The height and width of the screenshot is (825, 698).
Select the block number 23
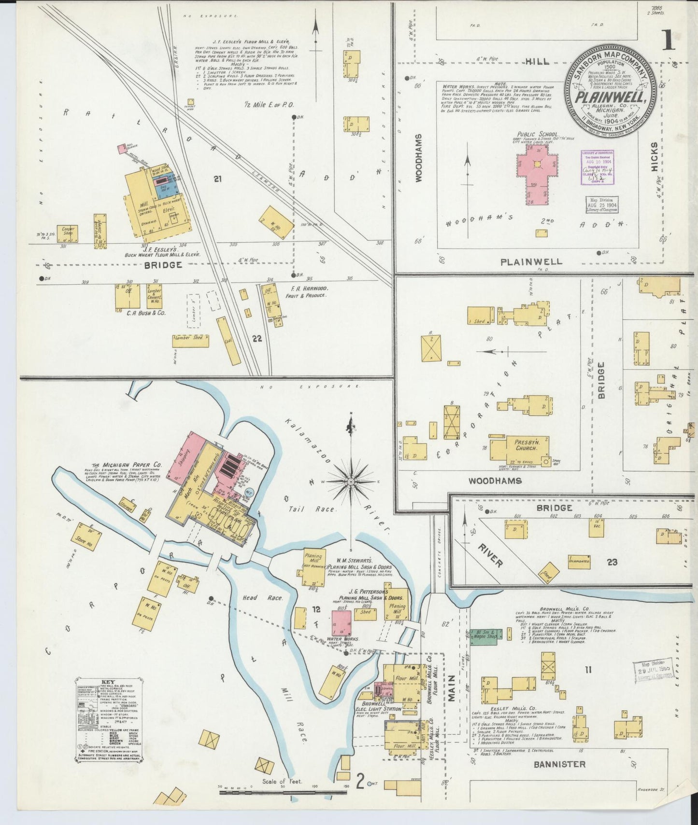point(612,562)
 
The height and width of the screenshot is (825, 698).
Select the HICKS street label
point(654,157)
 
